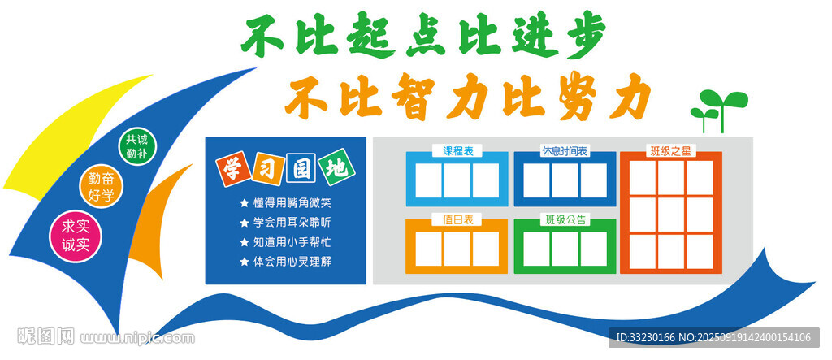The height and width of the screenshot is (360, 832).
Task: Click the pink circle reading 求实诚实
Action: click(75, 236)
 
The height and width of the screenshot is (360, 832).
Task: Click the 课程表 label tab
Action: click(457, 151)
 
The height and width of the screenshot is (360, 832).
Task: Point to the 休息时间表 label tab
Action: click(565, 151)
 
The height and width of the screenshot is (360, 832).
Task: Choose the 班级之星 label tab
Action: click(670, 151)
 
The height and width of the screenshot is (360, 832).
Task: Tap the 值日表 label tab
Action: click(457, 219)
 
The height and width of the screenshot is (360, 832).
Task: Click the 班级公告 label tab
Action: click(565, 219)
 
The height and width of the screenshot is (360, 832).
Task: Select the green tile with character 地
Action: click(337, 168)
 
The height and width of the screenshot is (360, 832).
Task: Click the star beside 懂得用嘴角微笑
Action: click(244, 203)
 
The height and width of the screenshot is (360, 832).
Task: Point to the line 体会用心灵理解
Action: click(292, 262)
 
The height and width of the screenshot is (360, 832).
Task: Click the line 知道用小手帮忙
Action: click(292, 242)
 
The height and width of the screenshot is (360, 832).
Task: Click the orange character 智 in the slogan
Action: click(409, 96)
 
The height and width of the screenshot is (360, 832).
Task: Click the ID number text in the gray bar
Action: click(645, 337)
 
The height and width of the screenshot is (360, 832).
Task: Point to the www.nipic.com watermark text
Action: click(137, 338)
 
